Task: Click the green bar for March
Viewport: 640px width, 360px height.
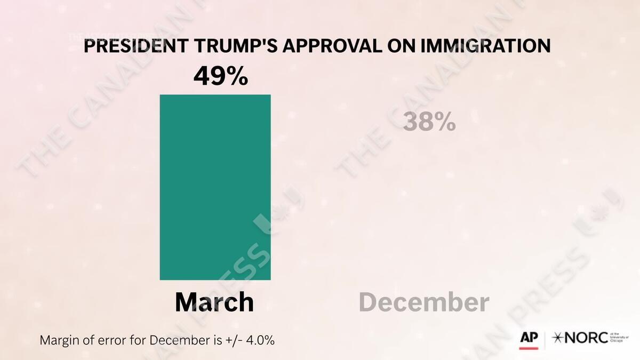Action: pos(215,187)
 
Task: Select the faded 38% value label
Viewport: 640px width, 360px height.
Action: pos(429,122)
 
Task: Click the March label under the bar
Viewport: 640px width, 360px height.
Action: pos(214,302)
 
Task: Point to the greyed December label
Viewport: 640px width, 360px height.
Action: pos(424,302)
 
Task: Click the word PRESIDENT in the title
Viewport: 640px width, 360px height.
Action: pos(136,46)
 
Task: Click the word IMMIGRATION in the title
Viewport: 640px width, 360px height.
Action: pos(485,46)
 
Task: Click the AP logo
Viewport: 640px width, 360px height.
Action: pos(529,338)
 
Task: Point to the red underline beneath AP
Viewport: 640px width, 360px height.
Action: pos(529,348)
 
